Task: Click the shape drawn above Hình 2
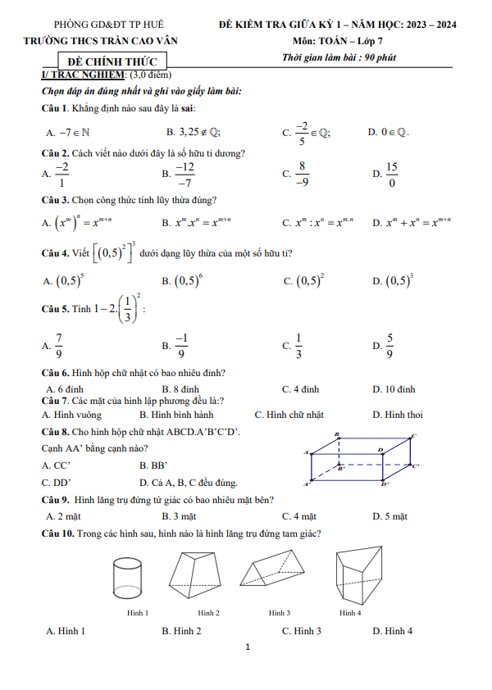tap(199, 578)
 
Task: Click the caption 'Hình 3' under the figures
tap(280, 613)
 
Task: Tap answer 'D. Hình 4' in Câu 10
tap(392, 631)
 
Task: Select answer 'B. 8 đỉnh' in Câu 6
tap(180, 389)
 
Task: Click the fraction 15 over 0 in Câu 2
tap(391, 175)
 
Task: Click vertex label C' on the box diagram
tap(416, 466)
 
